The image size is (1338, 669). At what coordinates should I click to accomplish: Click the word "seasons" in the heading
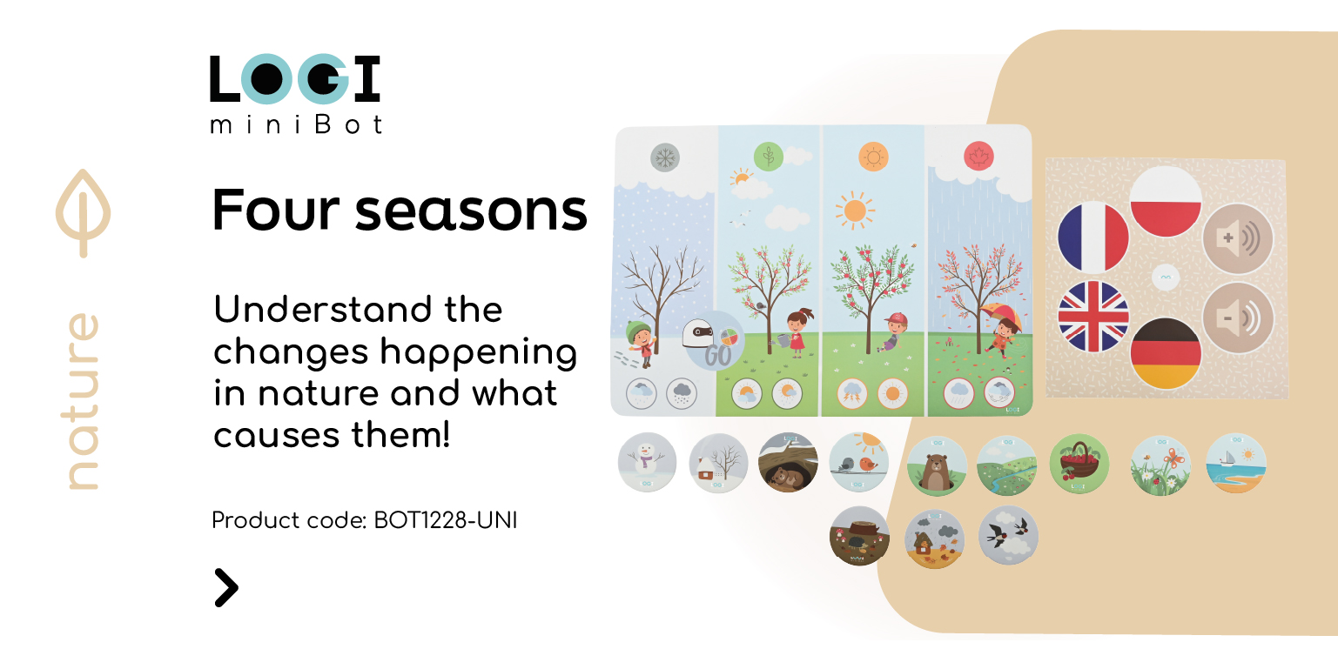(471, 211)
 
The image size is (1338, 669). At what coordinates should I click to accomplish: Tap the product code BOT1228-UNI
(445, 520)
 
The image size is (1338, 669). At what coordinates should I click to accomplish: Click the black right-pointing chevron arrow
(226, 588)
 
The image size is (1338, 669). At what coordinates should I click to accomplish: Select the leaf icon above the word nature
(83, 213)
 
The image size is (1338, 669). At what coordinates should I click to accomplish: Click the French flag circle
(1093, 237)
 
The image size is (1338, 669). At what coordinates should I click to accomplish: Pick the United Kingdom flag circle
(1093, 317)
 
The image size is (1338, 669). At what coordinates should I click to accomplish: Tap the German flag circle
(1166, 352)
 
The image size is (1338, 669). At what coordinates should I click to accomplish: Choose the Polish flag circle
(1166, 201)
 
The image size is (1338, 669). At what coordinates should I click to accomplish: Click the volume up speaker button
(1238, 238)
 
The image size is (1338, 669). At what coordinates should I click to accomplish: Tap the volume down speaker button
(1238, 318)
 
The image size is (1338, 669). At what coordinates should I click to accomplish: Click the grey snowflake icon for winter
(665, 157)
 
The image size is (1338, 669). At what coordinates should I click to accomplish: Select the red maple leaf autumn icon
(978, 157)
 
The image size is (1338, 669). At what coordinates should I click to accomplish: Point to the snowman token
(647, 463)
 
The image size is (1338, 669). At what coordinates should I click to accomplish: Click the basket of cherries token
(1079, 464)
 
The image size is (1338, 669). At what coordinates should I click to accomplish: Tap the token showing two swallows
(1008, 535)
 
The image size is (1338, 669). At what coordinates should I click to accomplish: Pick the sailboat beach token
(1236, 463)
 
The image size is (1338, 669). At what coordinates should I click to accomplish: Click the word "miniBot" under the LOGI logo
(296, 124)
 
